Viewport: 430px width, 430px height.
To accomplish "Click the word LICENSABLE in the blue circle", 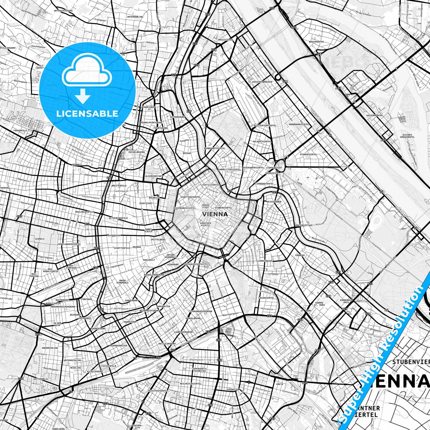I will tap(87, 113).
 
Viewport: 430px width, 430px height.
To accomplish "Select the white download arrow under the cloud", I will tap(83, 96).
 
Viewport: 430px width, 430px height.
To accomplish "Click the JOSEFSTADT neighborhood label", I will tap(146, 204).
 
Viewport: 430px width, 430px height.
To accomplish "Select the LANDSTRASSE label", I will tap(265, 261).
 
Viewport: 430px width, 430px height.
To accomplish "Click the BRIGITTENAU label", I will tap(226, 40).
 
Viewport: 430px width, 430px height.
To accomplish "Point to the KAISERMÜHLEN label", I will tap(375, 115).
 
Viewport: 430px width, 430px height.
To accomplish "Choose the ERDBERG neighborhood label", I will tap(300, 255).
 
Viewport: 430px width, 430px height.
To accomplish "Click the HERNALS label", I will tap(77, 164).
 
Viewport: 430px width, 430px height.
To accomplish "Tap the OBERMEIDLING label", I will tap(50, 348).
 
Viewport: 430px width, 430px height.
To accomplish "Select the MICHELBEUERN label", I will tap(136, 152).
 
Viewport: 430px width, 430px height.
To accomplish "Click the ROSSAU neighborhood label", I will tap(187, 153).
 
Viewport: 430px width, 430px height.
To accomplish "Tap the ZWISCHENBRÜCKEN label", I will tap(262, 81).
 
